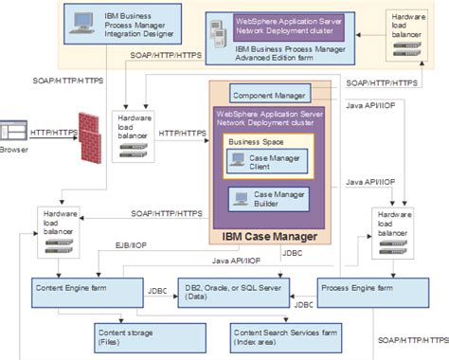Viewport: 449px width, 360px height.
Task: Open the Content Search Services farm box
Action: click(x=289, y=335)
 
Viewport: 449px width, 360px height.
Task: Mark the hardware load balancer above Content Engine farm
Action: click(x=61, y=229)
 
